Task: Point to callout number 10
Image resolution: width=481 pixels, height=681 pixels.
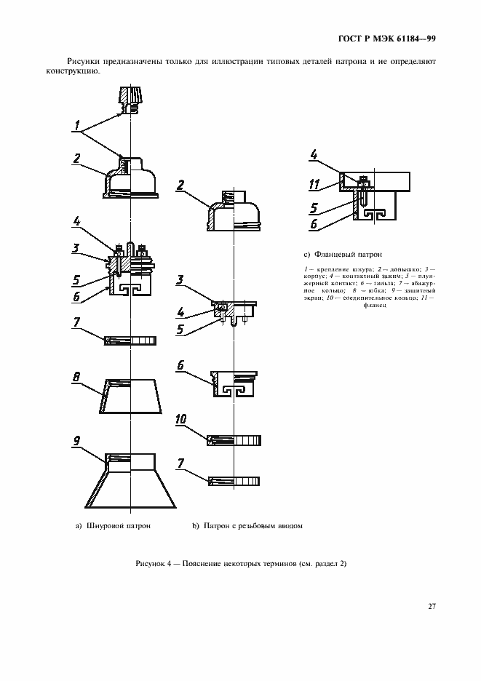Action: [181, 420]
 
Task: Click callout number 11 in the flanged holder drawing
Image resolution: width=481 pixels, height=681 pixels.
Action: [314, 183]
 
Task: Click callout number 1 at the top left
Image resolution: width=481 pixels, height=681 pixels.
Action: [76, 125]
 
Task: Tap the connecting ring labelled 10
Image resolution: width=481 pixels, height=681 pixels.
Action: [234, 439]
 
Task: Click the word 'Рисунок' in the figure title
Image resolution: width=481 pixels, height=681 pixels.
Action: [152, 565]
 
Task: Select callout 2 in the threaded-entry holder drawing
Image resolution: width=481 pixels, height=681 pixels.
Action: [180, 185]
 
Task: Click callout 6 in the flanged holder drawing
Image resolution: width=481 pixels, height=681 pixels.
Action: [314, 224]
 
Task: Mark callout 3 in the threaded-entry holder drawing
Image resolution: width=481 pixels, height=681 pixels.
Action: [180, 279]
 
